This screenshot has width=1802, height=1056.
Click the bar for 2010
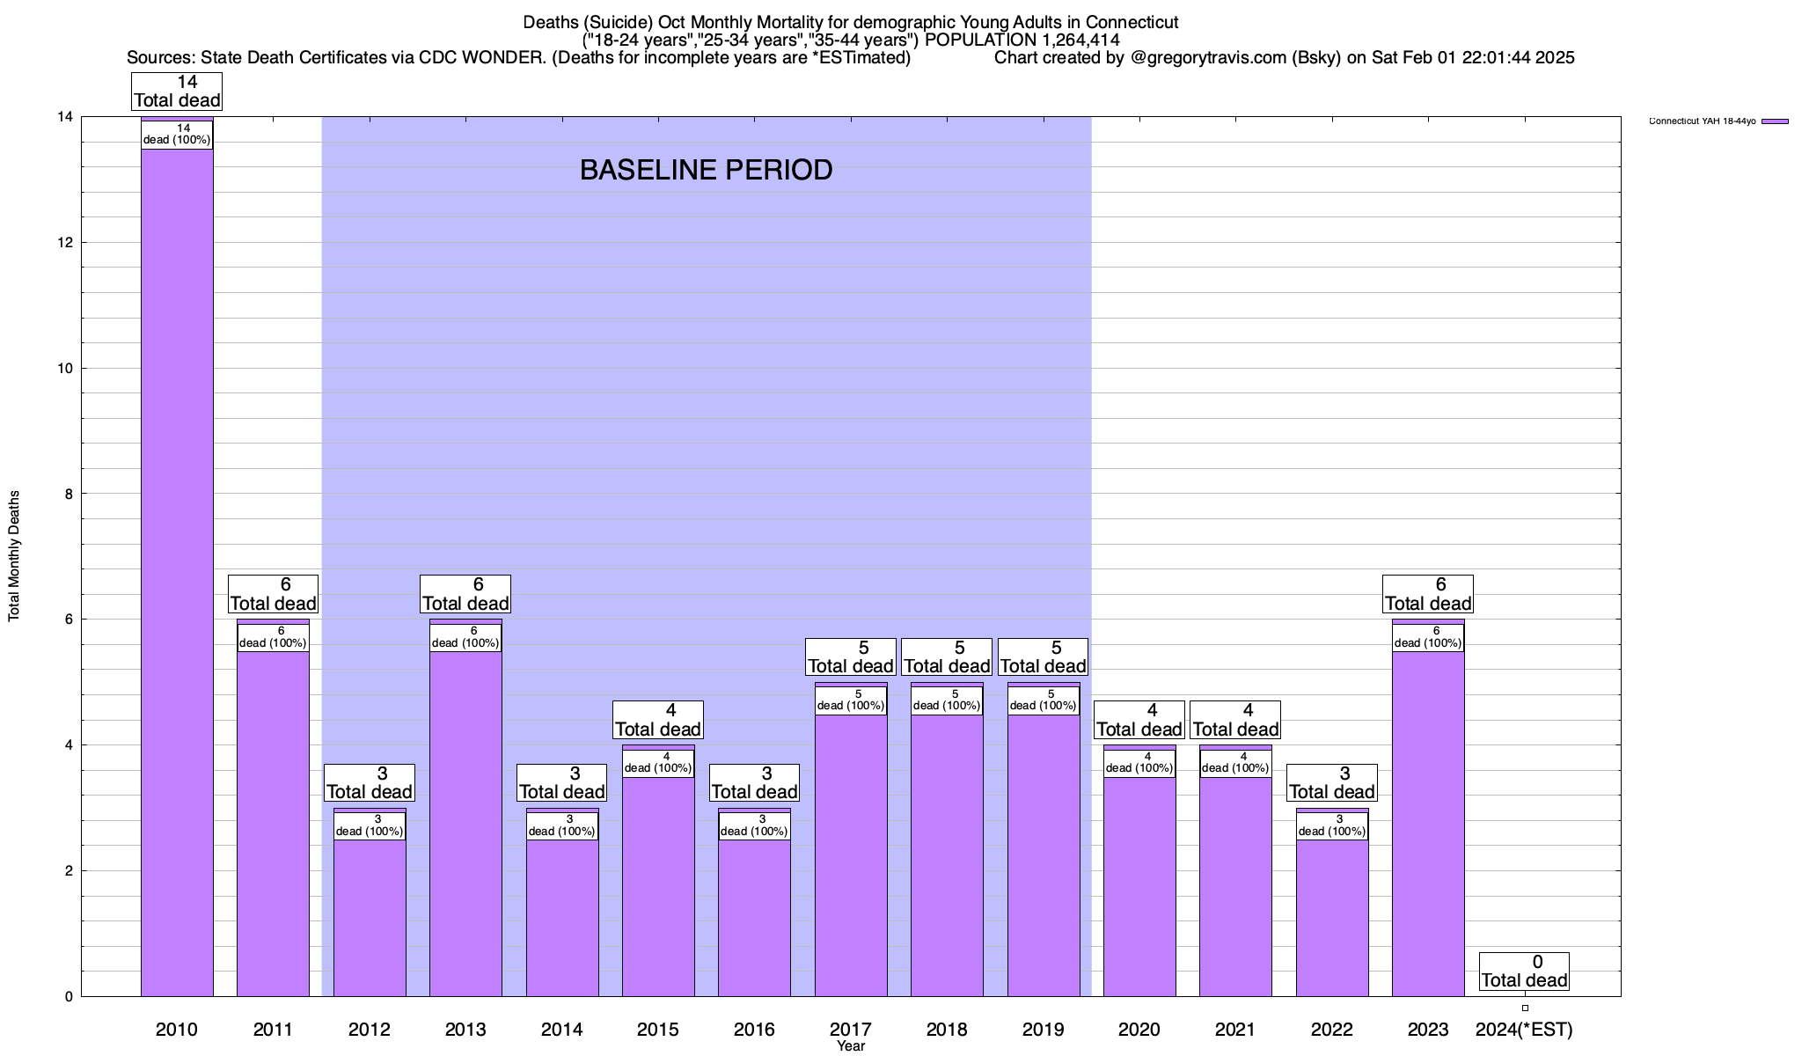(x=177, y=572)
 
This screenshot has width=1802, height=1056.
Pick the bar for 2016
(x=754, y=915)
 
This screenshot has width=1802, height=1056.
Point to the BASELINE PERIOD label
(x=706, y=170)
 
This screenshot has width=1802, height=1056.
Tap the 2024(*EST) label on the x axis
(x=1524, y=1030)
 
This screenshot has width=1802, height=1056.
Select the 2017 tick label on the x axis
(x=850, y=1030)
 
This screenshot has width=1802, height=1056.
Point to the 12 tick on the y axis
(x=64, y=243)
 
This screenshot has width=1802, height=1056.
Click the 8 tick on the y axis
(x=68, y=495)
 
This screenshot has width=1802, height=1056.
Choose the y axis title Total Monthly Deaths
(x=14, y=556)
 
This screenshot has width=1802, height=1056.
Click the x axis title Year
(x=851, y=1046)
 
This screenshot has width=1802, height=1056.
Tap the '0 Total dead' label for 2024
(x=1524, y=972)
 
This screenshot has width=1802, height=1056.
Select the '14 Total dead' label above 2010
(x=177, y=92)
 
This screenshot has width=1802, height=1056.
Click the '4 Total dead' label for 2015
(x=658, y=720)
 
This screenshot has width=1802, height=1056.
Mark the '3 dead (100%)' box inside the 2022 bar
(x=1332, y=825)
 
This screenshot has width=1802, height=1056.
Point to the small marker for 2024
(x=1525, y=1008)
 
